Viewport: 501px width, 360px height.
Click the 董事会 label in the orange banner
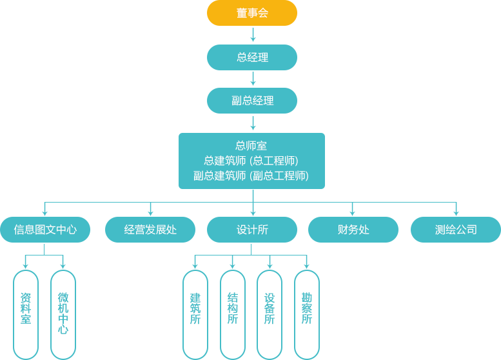[x=252, y=13]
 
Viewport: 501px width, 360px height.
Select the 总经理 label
[x=252, y=57]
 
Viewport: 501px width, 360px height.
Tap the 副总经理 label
[x=252, y=101]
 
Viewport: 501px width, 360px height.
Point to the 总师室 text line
[x=251, y=146]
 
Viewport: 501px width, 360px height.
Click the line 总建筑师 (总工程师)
[x=251, y=161]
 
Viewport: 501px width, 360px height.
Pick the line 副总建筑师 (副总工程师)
[x=251, y=175]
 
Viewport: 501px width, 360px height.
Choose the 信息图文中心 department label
[x=45, y=230]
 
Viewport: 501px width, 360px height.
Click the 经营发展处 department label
[x=150, y=230]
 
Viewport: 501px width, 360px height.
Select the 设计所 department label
[x=252, y=230]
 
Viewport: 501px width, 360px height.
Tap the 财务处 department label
[x=353, y=230]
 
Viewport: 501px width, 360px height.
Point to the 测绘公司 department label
[x=456, y=230]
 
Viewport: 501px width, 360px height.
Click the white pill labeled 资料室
[x=26, y=314]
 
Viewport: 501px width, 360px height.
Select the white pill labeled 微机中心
[x=63, y=314]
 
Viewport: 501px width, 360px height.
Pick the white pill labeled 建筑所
[x=195, y=314]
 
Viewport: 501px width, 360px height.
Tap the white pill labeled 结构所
[x=233, y=314]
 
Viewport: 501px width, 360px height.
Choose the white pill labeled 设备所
[x=270, y=314]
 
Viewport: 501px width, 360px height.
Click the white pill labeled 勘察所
[x=307, y=314]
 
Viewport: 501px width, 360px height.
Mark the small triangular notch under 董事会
[x=253, y=30]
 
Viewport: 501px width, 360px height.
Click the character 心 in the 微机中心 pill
[x=63, y=330]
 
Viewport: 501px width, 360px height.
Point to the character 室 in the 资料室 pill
[x=26, y=319]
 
